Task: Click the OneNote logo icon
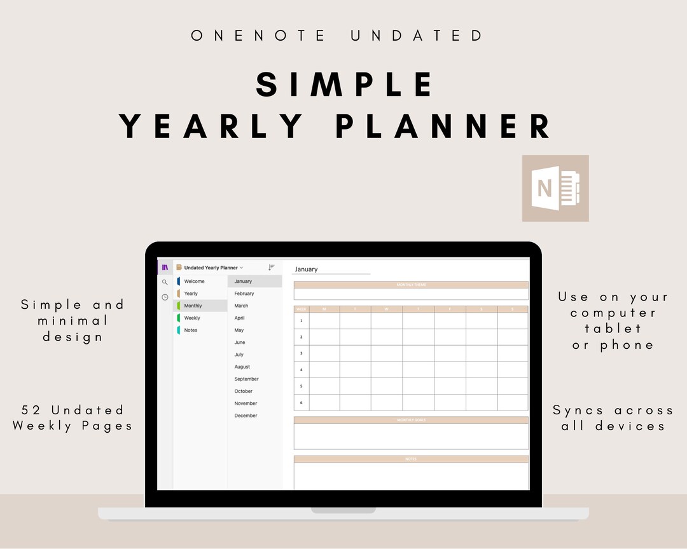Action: pos(555,188)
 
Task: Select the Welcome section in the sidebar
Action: pos(194,281)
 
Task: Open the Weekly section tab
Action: pos(192,318)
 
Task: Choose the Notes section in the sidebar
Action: pos(190,330)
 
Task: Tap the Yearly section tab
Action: pos(191,294)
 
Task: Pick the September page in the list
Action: pos(246,379)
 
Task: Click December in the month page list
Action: pos(246,416)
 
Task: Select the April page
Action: pos(239,318)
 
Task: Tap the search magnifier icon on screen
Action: pos(165,282)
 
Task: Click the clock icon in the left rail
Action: pos(165,297)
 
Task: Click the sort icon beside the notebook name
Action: pos(272,268)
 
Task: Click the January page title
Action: pos(306,269)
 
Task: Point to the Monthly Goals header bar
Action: pos(411,420)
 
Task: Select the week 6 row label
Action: pos(301,402)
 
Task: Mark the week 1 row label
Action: pos(301,321)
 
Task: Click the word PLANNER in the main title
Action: pos(443,125)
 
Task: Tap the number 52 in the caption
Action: pos(32,410)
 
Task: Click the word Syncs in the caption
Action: pos(578,410)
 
